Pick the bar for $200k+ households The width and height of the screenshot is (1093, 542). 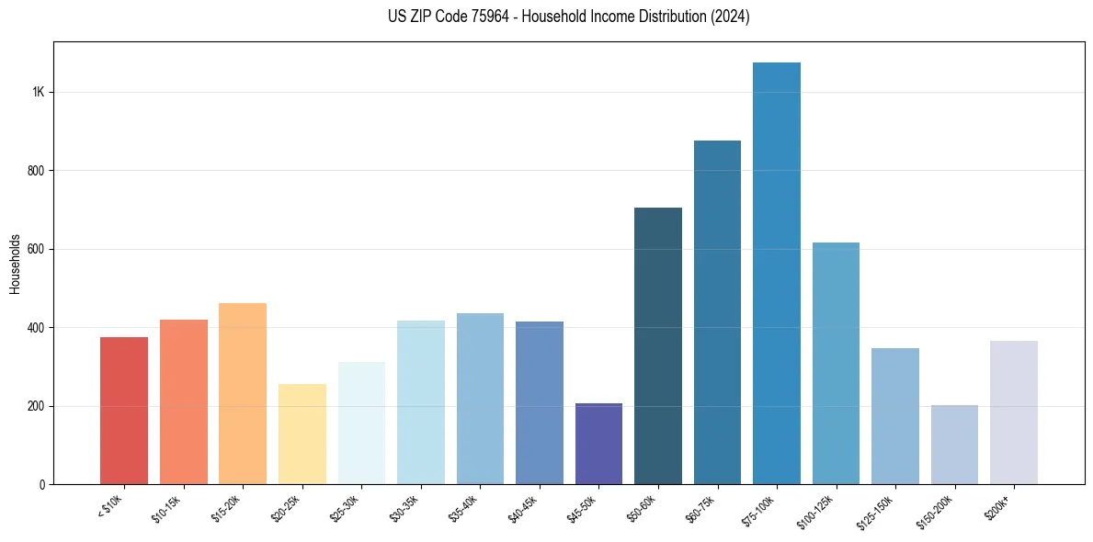point(1014,412)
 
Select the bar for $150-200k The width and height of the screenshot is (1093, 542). point(954,445)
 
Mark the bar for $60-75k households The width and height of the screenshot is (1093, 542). point(717,312)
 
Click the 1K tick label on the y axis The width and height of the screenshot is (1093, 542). point(39,93)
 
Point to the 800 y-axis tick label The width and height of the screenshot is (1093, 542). point(36,171)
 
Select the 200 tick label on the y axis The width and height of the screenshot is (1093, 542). point(36,406)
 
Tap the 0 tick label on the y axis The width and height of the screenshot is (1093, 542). point(42,484)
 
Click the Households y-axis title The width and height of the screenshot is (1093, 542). point(16,263)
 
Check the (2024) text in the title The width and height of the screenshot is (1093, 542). point(730,17)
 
